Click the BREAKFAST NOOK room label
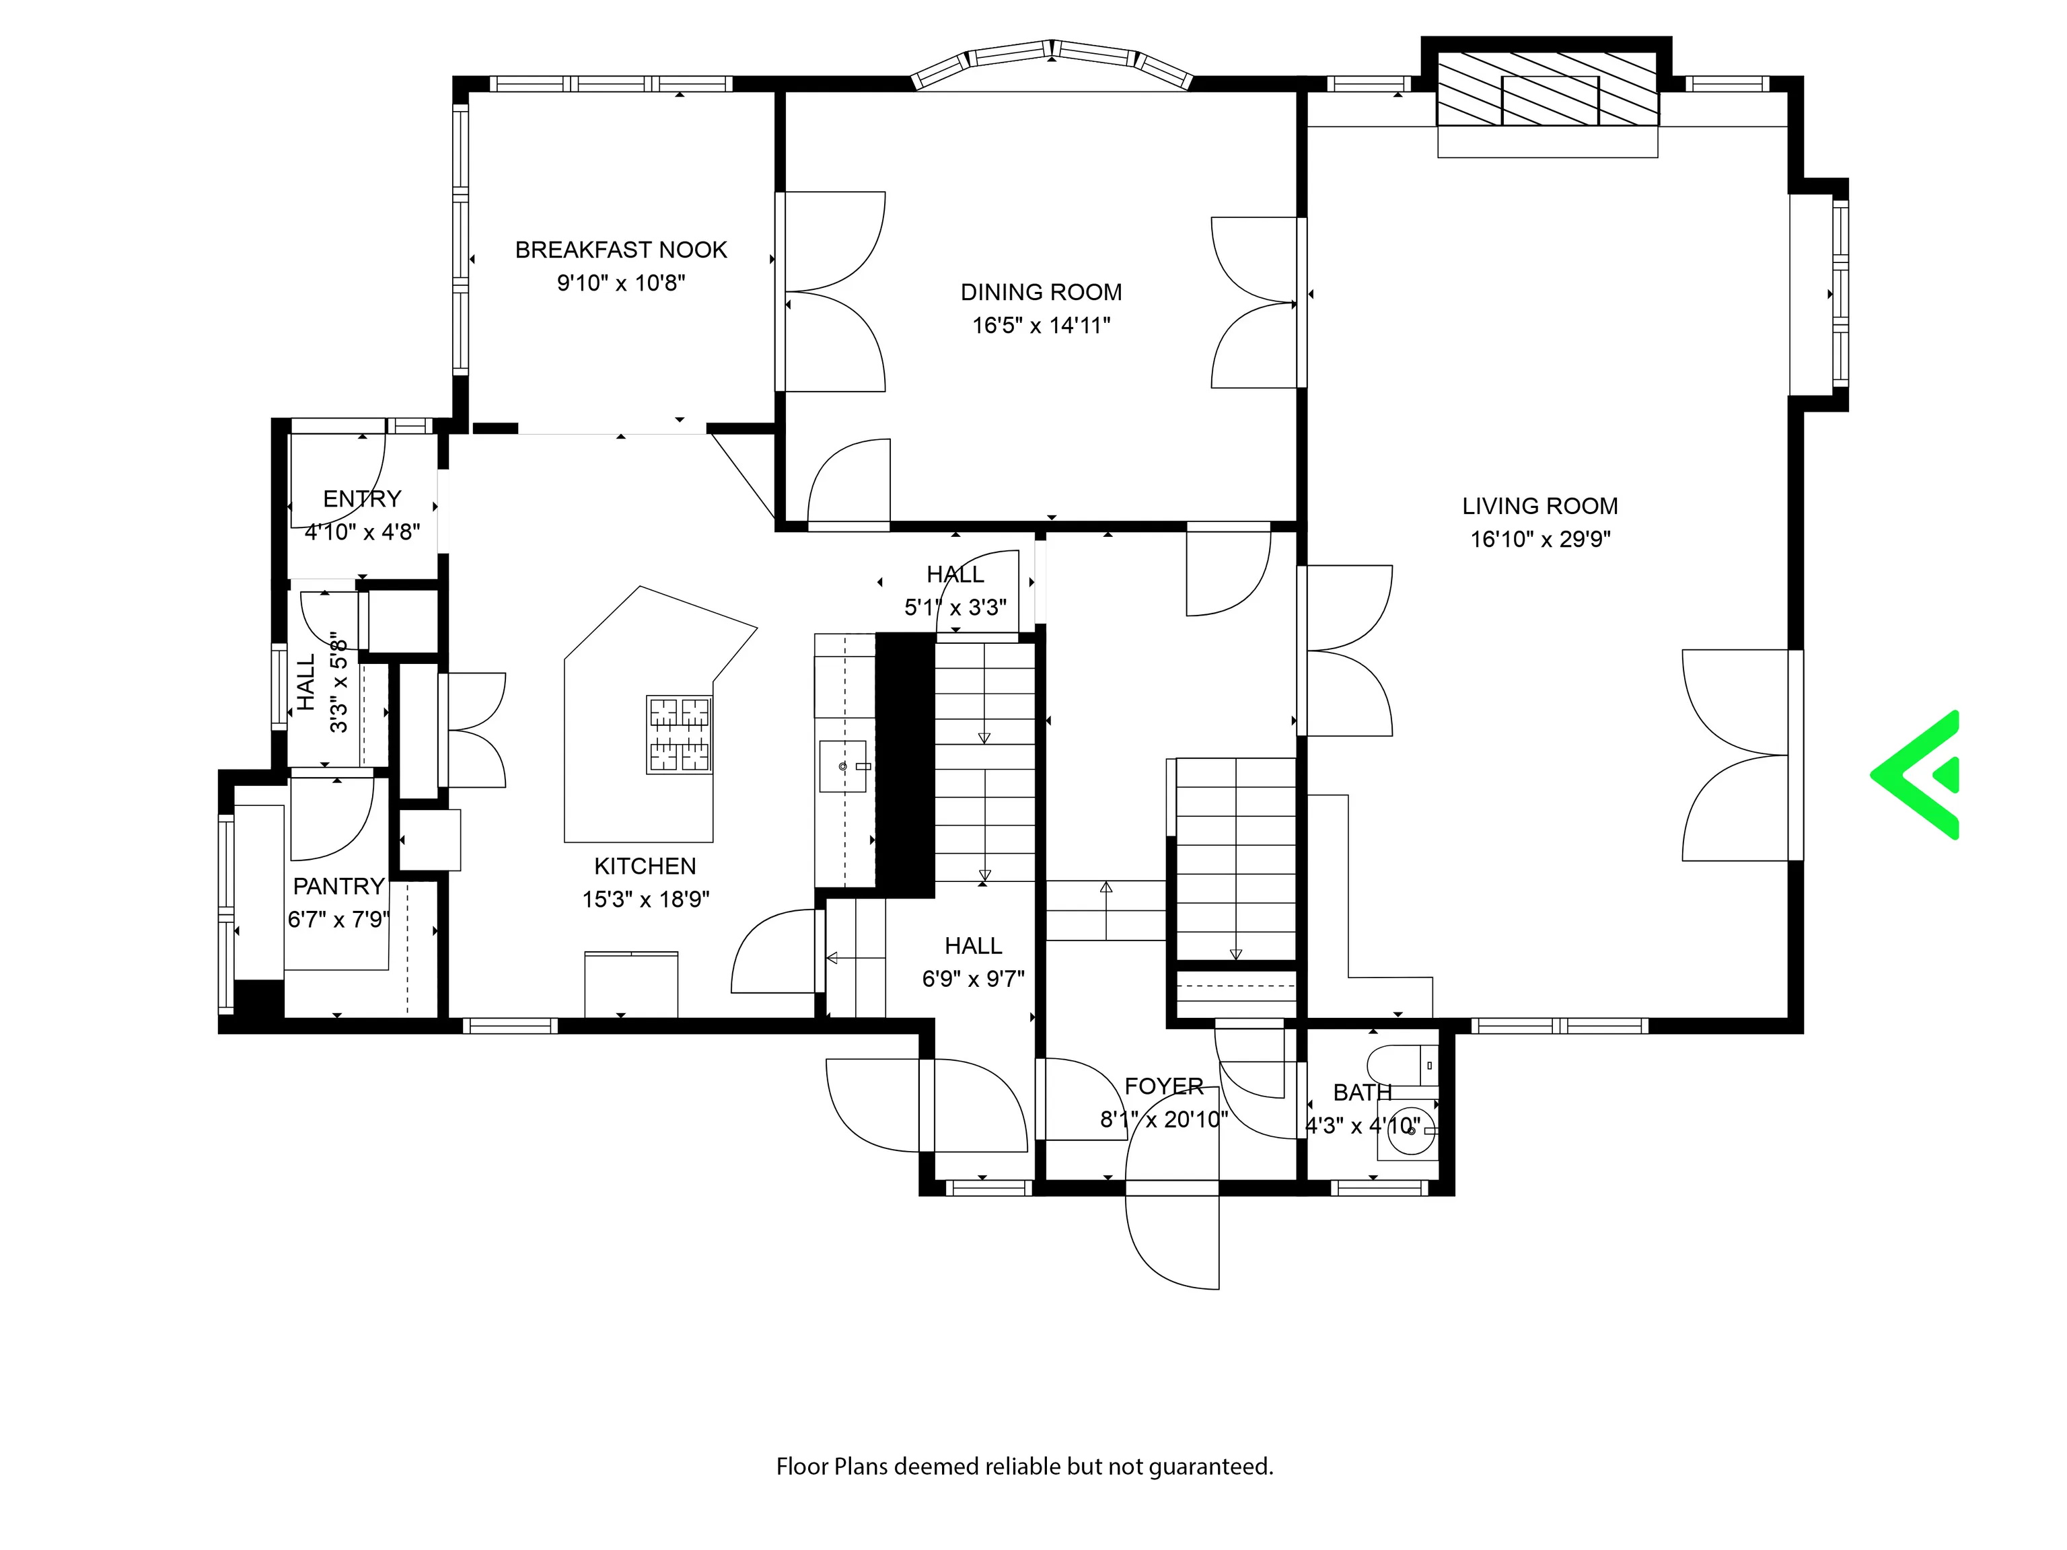tap(622, 250)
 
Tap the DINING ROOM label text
tap(1041, 293)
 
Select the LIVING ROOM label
tap(1540, 507)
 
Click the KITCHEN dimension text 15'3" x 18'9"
tap(646, 899)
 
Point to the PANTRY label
tap(339, 886)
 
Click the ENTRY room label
tap(363, 499)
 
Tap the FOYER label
tap(1164, 1086)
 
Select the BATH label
tap(1363, 1092)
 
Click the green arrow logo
tap(1916, 774)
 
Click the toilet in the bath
tap(1402, 1065)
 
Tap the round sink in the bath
tap(1408, 1130)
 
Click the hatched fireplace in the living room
tap(1548, 89)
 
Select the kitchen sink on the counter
tap(843, 766)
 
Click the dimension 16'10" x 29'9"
tap(1541, 539)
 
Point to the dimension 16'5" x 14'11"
tap(1041, 325)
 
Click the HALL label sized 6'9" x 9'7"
tap(974, 945)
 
